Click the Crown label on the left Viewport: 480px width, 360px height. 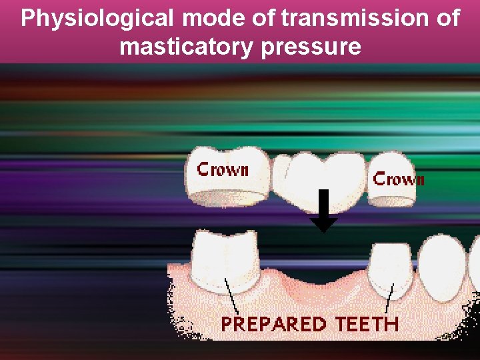point(223,169)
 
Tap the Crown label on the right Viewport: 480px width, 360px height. point(399,179)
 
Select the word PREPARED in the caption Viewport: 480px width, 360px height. point(274,325)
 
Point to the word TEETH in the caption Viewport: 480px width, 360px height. point(367,325)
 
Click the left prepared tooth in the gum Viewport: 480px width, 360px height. point(225,260)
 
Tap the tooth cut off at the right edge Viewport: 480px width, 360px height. point(475,263)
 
